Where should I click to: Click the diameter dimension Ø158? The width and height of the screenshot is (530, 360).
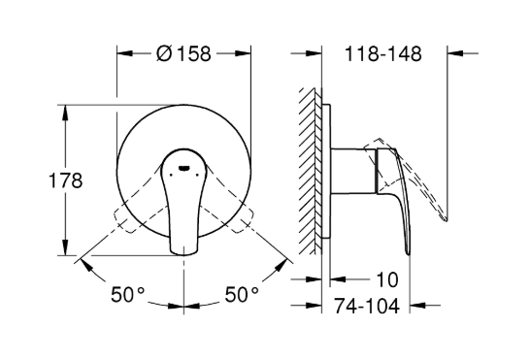pyautogui.click(x=183, y=53)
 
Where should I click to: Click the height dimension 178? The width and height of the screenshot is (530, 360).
pyautogui.click(x=66, y=180)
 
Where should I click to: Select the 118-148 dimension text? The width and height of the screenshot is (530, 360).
pyautogui.click(x=383, y=53)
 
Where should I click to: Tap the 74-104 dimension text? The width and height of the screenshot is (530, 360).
pyautogui.click(x=367, y=306)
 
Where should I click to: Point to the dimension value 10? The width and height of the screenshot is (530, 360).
pyautogui.click(x=387, y=279)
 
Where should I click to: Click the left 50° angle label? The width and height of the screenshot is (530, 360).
pyautogui.click(x=128, y=294)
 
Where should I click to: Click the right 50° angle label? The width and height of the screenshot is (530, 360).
pyautogui.click(x=242, y=294)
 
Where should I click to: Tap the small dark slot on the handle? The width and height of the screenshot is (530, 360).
pyautogui.click(x=183, y=168)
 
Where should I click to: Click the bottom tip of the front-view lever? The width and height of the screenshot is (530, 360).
pyautogui.click(x=183, y=253)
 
